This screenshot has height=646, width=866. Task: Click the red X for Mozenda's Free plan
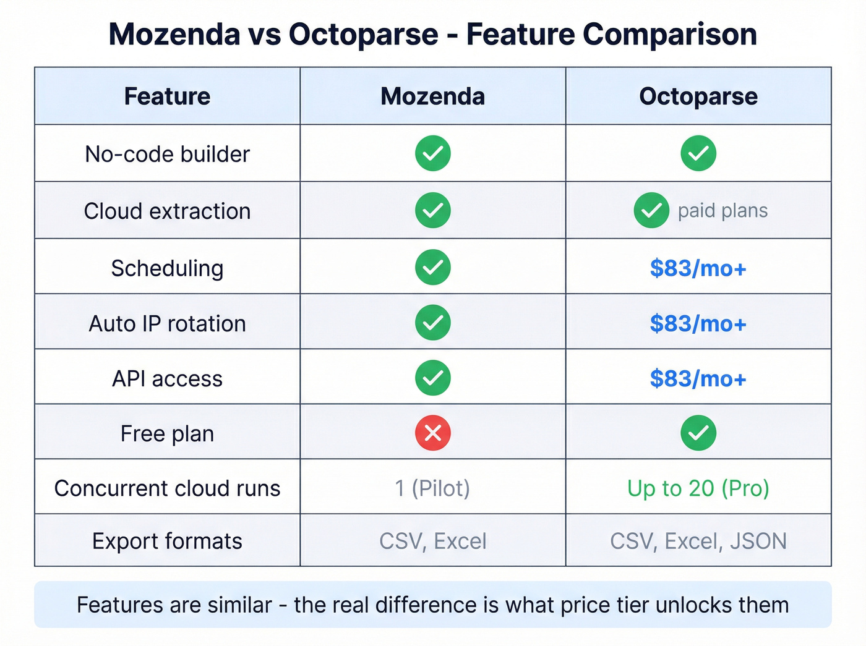tap(433, 433)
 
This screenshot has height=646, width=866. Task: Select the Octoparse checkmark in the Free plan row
tap(698, 433)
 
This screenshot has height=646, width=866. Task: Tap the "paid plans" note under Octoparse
tap(722, 211)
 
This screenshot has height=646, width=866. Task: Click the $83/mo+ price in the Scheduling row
tap(698, 268)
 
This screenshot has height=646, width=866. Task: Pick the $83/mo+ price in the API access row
tap(698, 378)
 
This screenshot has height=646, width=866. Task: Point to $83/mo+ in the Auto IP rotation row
tap(698, 323)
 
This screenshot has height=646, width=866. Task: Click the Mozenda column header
tap(433, 96)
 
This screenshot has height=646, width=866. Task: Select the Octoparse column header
tap(698, 96)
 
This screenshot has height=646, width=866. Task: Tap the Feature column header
tap(167, 96)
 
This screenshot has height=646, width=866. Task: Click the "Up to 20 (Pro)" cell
tap(698, 488)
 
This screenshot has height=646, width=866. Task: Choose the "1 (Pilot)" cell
tap(433, 488)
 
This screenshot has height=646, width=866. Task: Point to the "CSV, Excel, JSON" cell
tap(698, 541)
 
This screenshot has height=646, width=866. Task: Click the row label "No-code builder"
tap(167, 154)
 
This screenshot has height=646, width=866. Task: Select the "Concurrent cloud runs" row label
tap(167, 488)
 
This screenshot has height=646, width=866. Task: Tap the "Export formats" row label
tap(167, 541)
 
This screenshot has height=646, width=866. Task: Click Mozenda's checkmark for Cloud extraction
tap(433, 210)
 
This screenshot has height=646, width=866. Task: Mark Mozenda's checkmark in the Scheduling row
tap(433, 267)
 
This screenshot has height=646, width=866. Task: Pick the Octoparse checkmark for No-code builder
tap(698, 153)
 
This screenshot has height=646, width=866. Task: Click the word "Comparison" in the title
tap(670, 34)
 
